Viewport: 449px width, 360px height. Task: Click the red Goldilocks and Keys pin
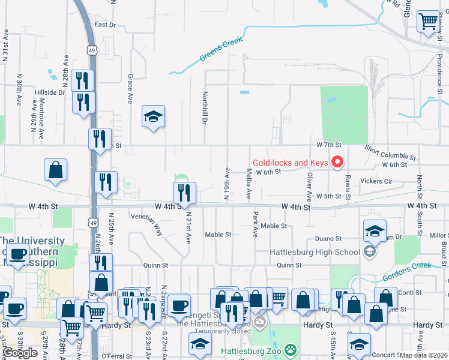tap(337, 162)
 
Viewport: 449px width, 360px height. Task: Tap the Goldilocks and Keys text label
tap(290, 163)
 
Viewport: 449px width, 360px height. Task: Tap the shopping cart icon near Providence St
tap(429, 23)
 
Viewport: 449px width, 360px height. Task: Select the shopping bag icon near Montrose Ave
tap(55, 170)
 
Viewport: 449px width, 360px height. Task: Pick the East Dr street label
tap(105, 25)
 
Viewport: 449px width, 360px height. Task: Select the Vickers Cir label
tap(376, 181)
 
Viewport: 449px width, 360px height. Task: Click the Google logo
tap(20, 353)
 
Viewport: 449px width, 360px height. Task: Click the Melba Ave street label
tap(248, 184)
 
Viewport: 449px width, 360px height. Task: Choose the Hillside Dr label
tap(50, 92)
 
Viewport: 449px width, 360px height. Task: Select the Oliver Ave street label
tap(310, 186)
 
